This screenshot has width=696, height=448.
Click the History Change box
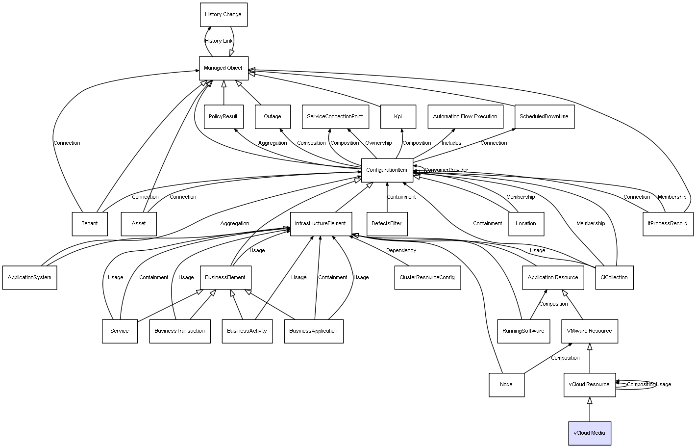224,15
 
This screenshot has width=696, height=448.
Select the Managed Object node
224,68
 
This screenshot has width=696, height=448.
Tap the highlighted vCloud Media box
590,433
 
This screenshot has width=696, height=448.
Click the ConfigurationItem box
387,170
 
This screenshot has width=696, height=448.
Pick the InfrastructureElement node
321,224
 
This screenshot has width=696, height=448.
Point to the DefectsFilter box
387,224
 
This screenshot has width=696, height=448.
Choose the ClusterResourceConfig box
427,278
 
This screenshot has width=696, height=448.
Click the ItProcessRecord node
668,224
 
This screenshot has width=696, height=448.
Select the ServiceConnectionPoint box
335,117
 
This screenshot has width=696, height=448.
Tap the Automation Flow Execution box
465,117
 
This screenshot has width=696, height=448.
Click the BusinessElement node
225,278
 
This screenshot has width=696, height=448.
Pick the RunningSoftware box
523,331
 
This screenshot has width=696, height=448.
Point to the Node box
506,385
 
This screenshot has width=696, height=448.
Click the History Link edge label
219,41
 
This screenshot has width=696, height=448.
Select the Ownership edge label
378,143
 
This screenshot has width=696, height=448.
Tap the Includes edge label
451,143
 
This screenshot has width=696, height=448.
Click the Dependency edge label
401,251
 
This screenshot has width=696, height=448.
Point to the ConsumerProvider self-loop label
446,170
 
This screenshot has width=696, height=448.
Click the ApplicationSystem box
29,278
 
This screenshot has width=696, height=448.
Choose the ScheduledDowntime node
544,117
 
